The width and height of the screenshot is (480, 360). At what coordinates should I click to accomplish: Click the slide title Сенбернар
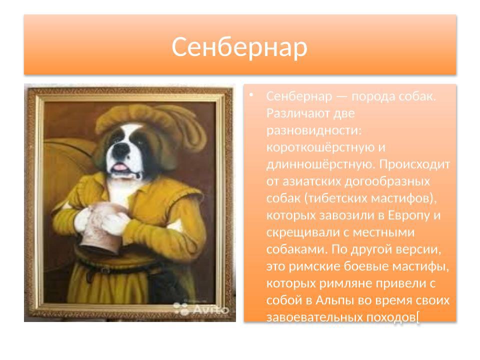click(239, 47)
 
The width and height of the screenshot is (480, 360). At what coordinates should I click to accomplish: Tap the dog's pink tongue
click(120, 166)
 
